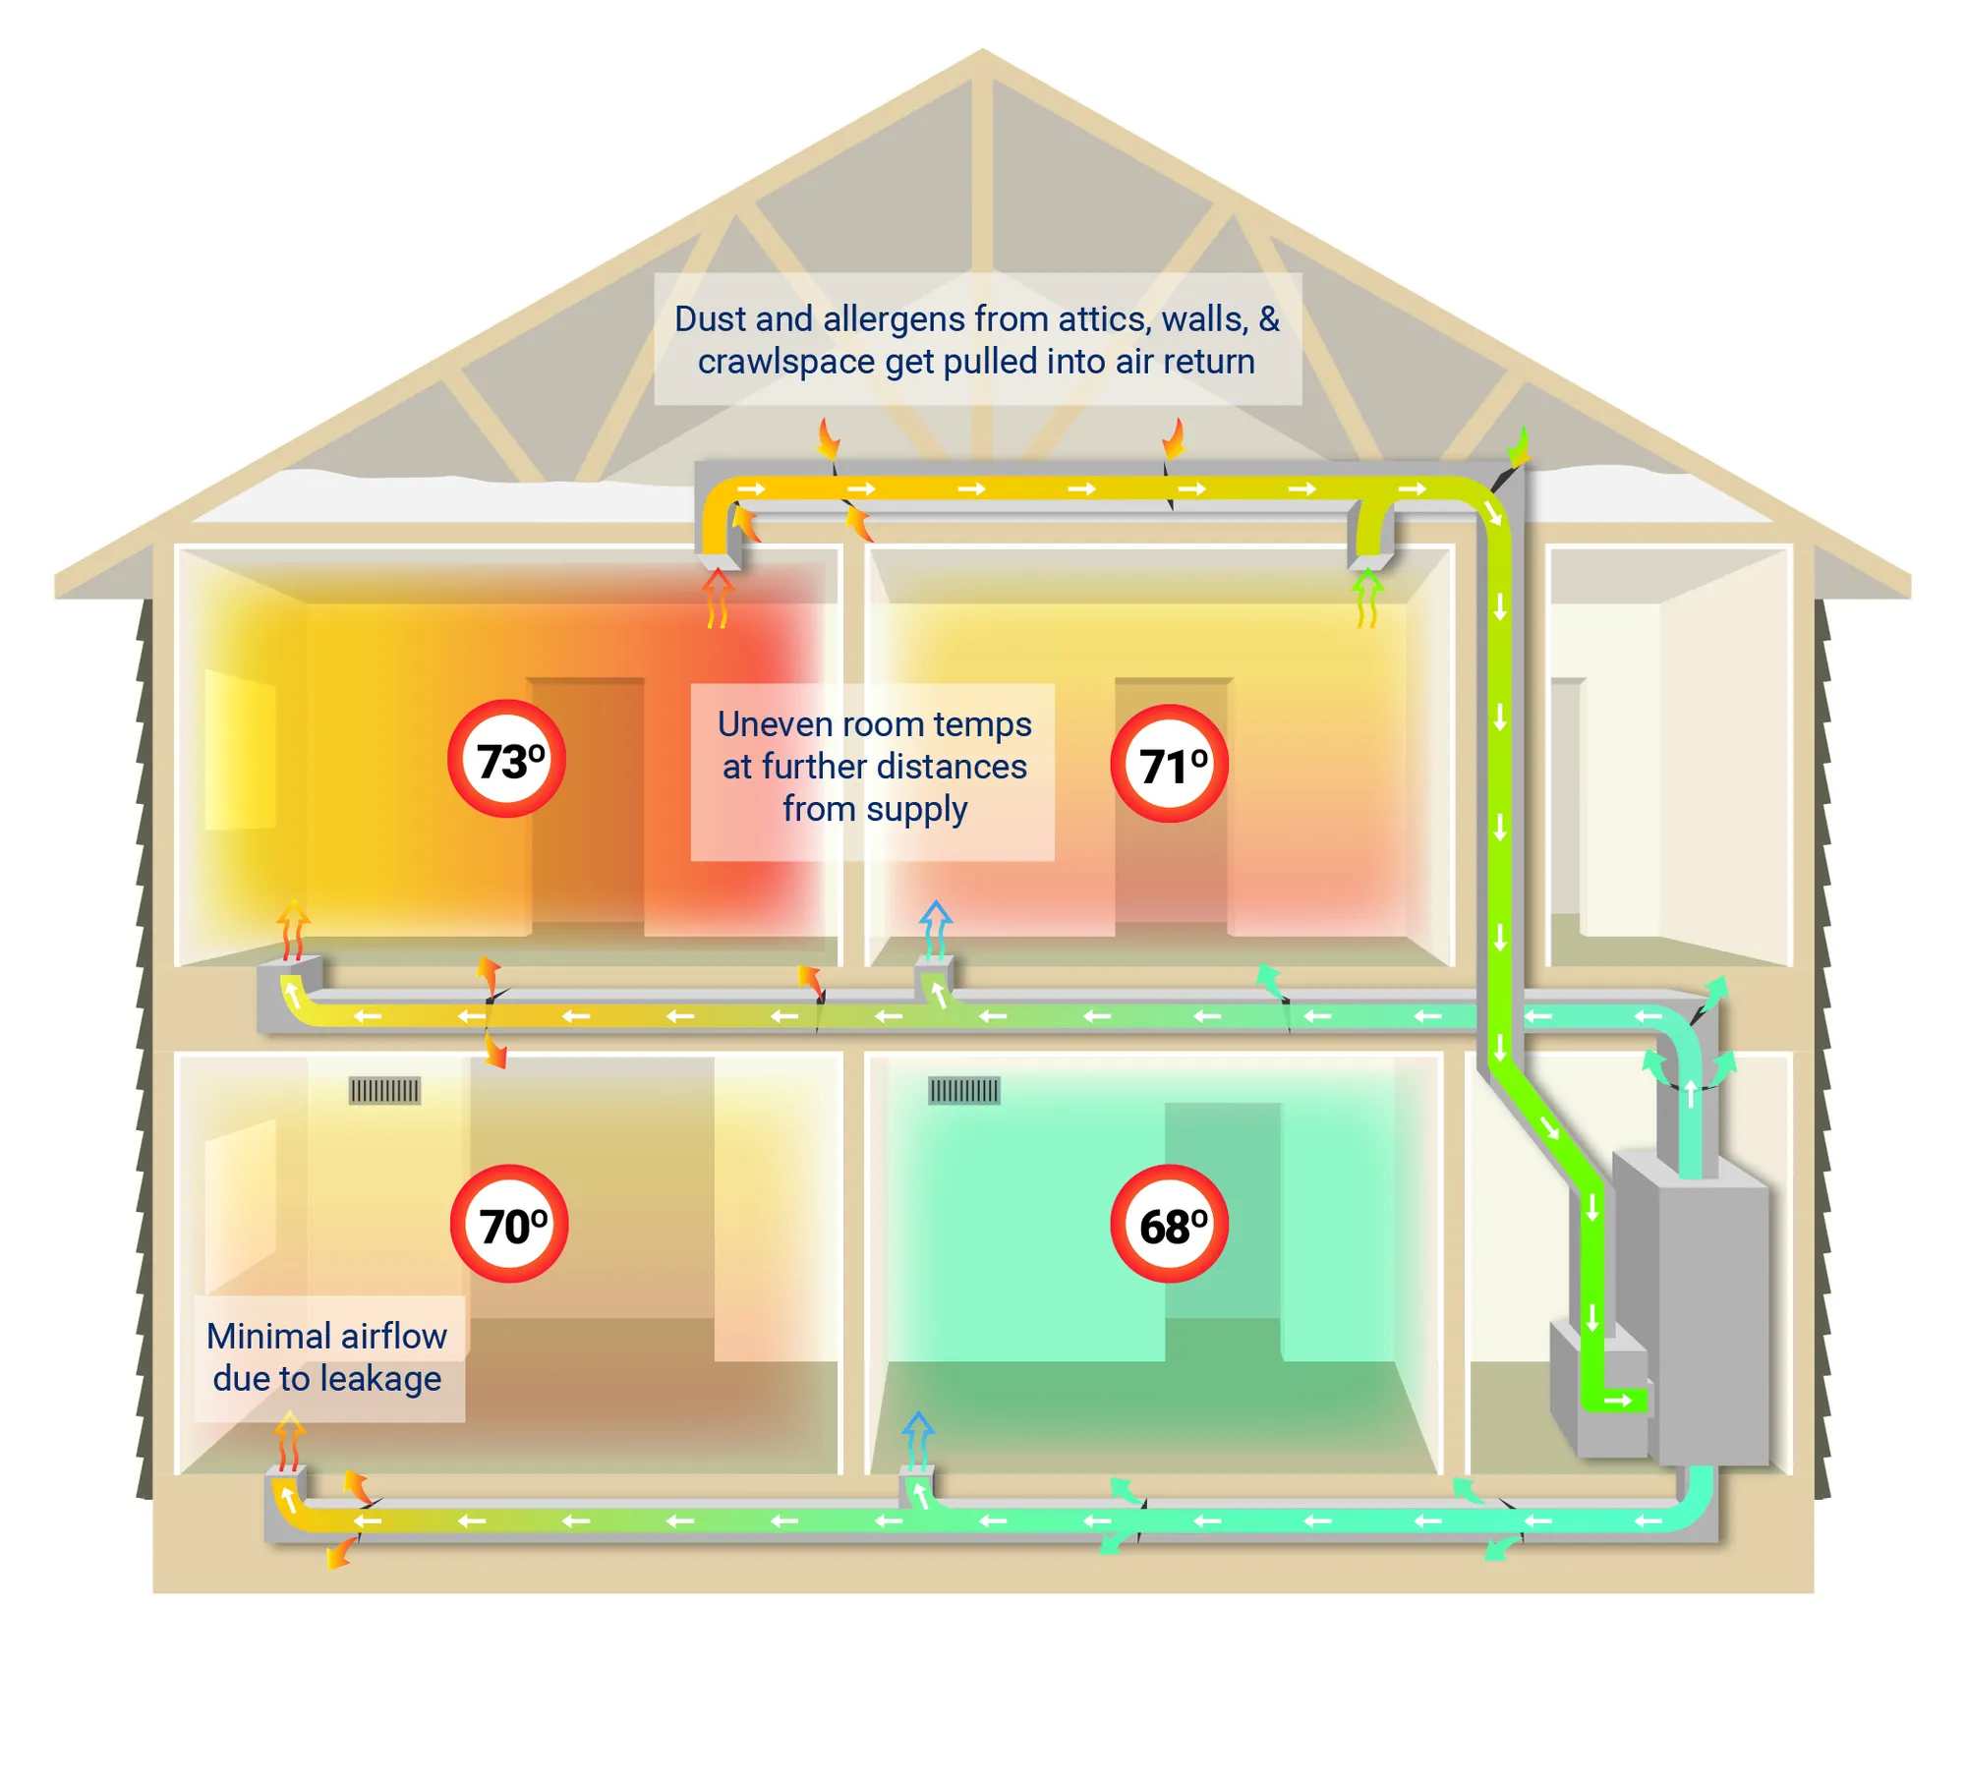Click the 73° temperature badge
(x=506, y=759)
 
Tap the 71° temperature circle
(x=1169, y=764)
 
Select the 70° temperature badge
(x=509, y=1224)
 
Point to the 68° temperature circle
(x=1169, y=1224)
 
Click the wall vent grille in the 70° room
(x=384, y=1091)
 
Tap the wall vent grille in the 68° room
(x=963, y=1091)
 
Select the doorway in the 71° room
(x=1172, y=806)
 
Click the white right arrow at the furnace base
(x=1618, y=1401)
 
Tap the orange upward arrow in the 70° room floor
(x=288, y=1439)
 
